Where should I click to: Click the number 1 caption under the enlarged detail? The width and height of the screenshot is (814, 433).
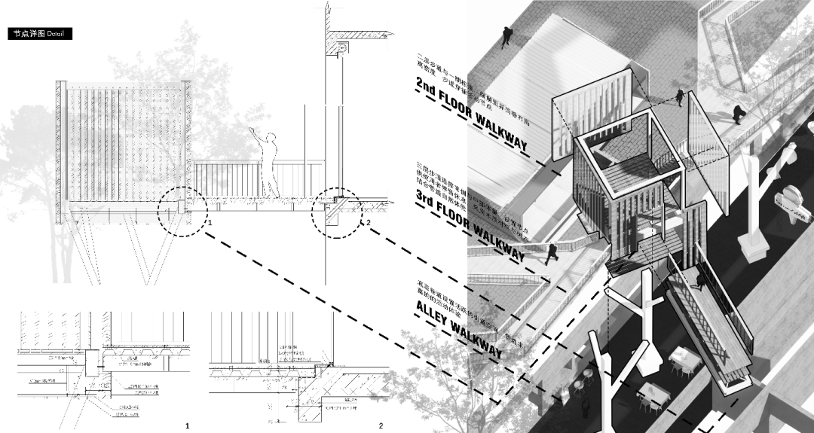pyautogui.click(x=188, y=426)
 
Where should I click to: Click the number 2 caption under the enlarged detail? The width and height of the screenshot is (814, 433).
pyautogui.click(x=381, y=426)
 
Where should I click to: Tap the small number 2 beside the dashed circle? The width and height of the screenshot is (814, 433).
pyautogui.click(x=368, y=224)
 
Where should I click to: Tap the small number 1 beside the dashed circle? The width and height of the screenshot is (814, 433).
pyautogui.click(x=209, y=224)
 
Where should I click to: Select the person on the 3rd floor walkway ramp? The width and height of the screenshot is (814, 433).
pyautogui.click(x=552, y=253)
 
